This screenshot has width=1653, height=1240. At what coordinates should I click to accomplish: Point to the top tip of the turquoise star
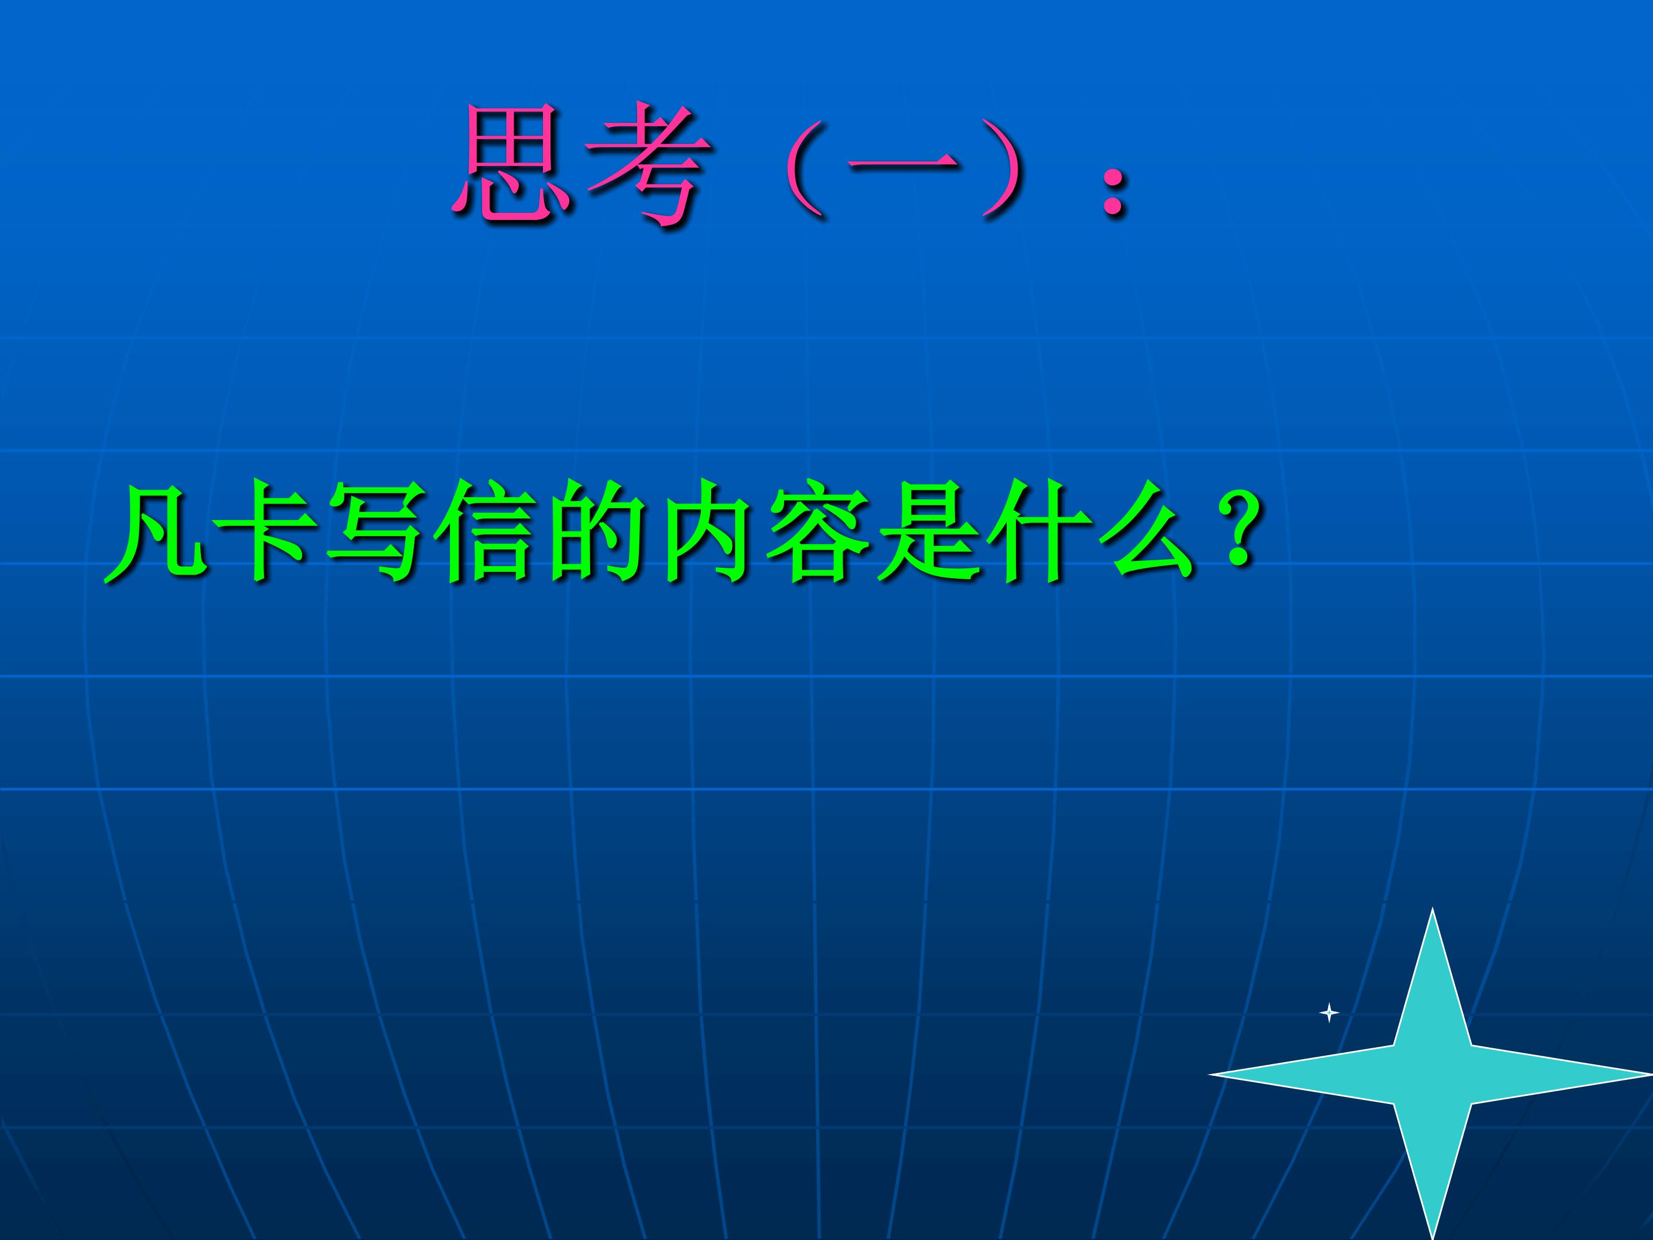click(x=1433, y=908)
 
